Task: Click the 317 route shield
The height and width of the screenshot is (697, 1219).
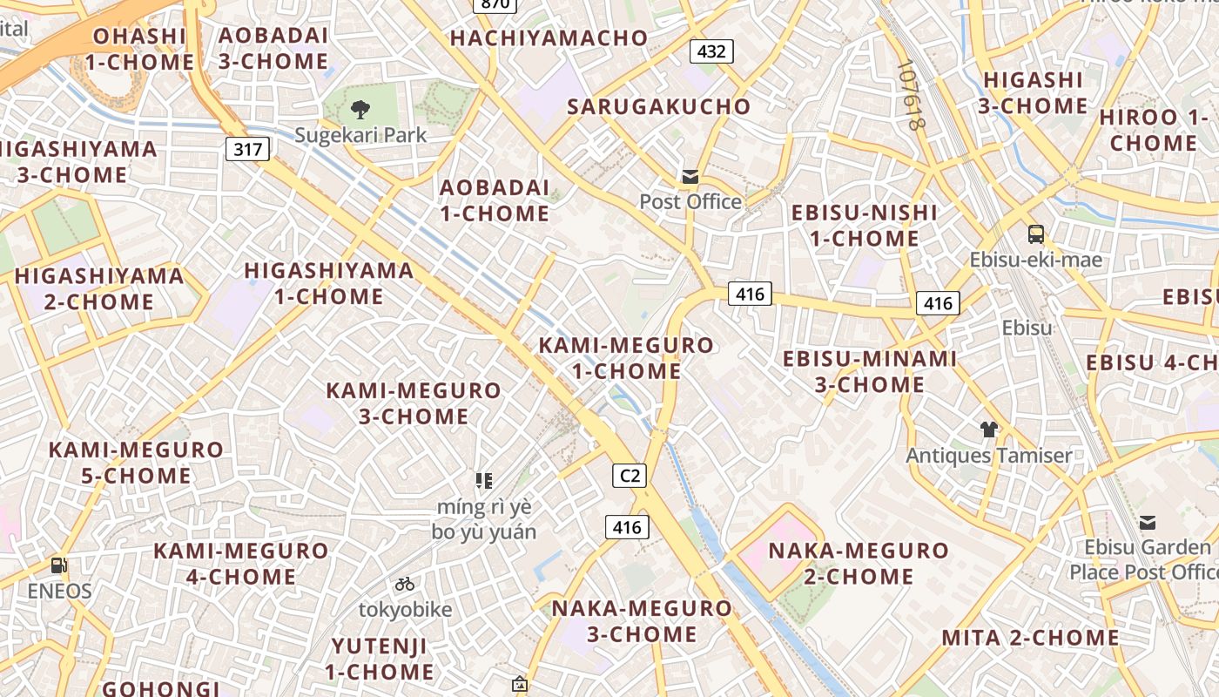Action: tap(248, 149)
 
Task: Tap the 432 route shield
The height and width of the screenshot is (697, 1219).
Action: tap(711, 51)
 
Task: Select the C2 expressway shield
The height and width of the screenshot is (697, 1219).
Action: tap(629, 476)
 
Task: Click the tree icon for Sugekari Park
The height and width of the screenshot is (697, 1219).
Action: tap(360, 110)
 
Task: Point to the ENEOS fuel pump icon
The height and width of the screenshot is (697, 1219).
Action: tap(58, 565)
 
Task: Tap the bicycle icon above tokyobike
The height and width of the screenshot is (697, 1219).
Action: tap(405, 584)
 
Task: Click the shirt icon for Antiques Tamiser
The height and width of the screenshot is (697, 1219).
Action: tap(989, 429)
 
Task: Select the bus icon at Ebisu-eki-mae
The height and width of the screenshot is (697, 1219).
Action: tap(1036, 233)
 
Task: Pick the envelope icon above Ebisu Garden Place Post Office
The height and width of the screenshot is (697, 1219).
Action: tap(1148, 523)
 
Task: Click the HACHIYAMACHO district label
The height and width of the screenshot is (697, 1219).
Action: tap(549, 38)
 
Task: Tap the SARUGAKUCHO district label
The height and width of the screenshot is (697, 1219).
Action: tap(658, 106)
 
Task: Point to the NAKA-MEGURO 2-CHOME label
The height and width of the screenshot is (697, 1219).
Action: tap(858, 564)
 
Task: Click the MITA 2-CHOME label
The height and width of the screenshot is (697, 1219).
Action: tap(1030, 638)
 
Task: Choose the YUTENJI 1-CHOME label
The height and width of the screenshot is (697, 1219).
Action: tap(380, 659)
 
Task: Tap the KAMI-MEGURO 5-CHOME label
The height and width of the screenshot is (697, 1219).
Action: tap(136, 463)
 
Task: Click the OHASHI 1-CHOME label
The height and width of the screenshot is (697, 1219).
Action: tap(139, 49)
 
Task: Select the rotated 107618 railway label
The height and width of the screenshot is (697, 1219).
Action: tap(909, 95)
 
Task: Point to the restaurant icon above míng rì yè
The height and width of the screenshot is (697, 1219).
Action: tap(484, 480)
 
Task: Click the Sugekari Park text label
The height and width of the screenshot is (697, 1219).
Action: tap(360, 135)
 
